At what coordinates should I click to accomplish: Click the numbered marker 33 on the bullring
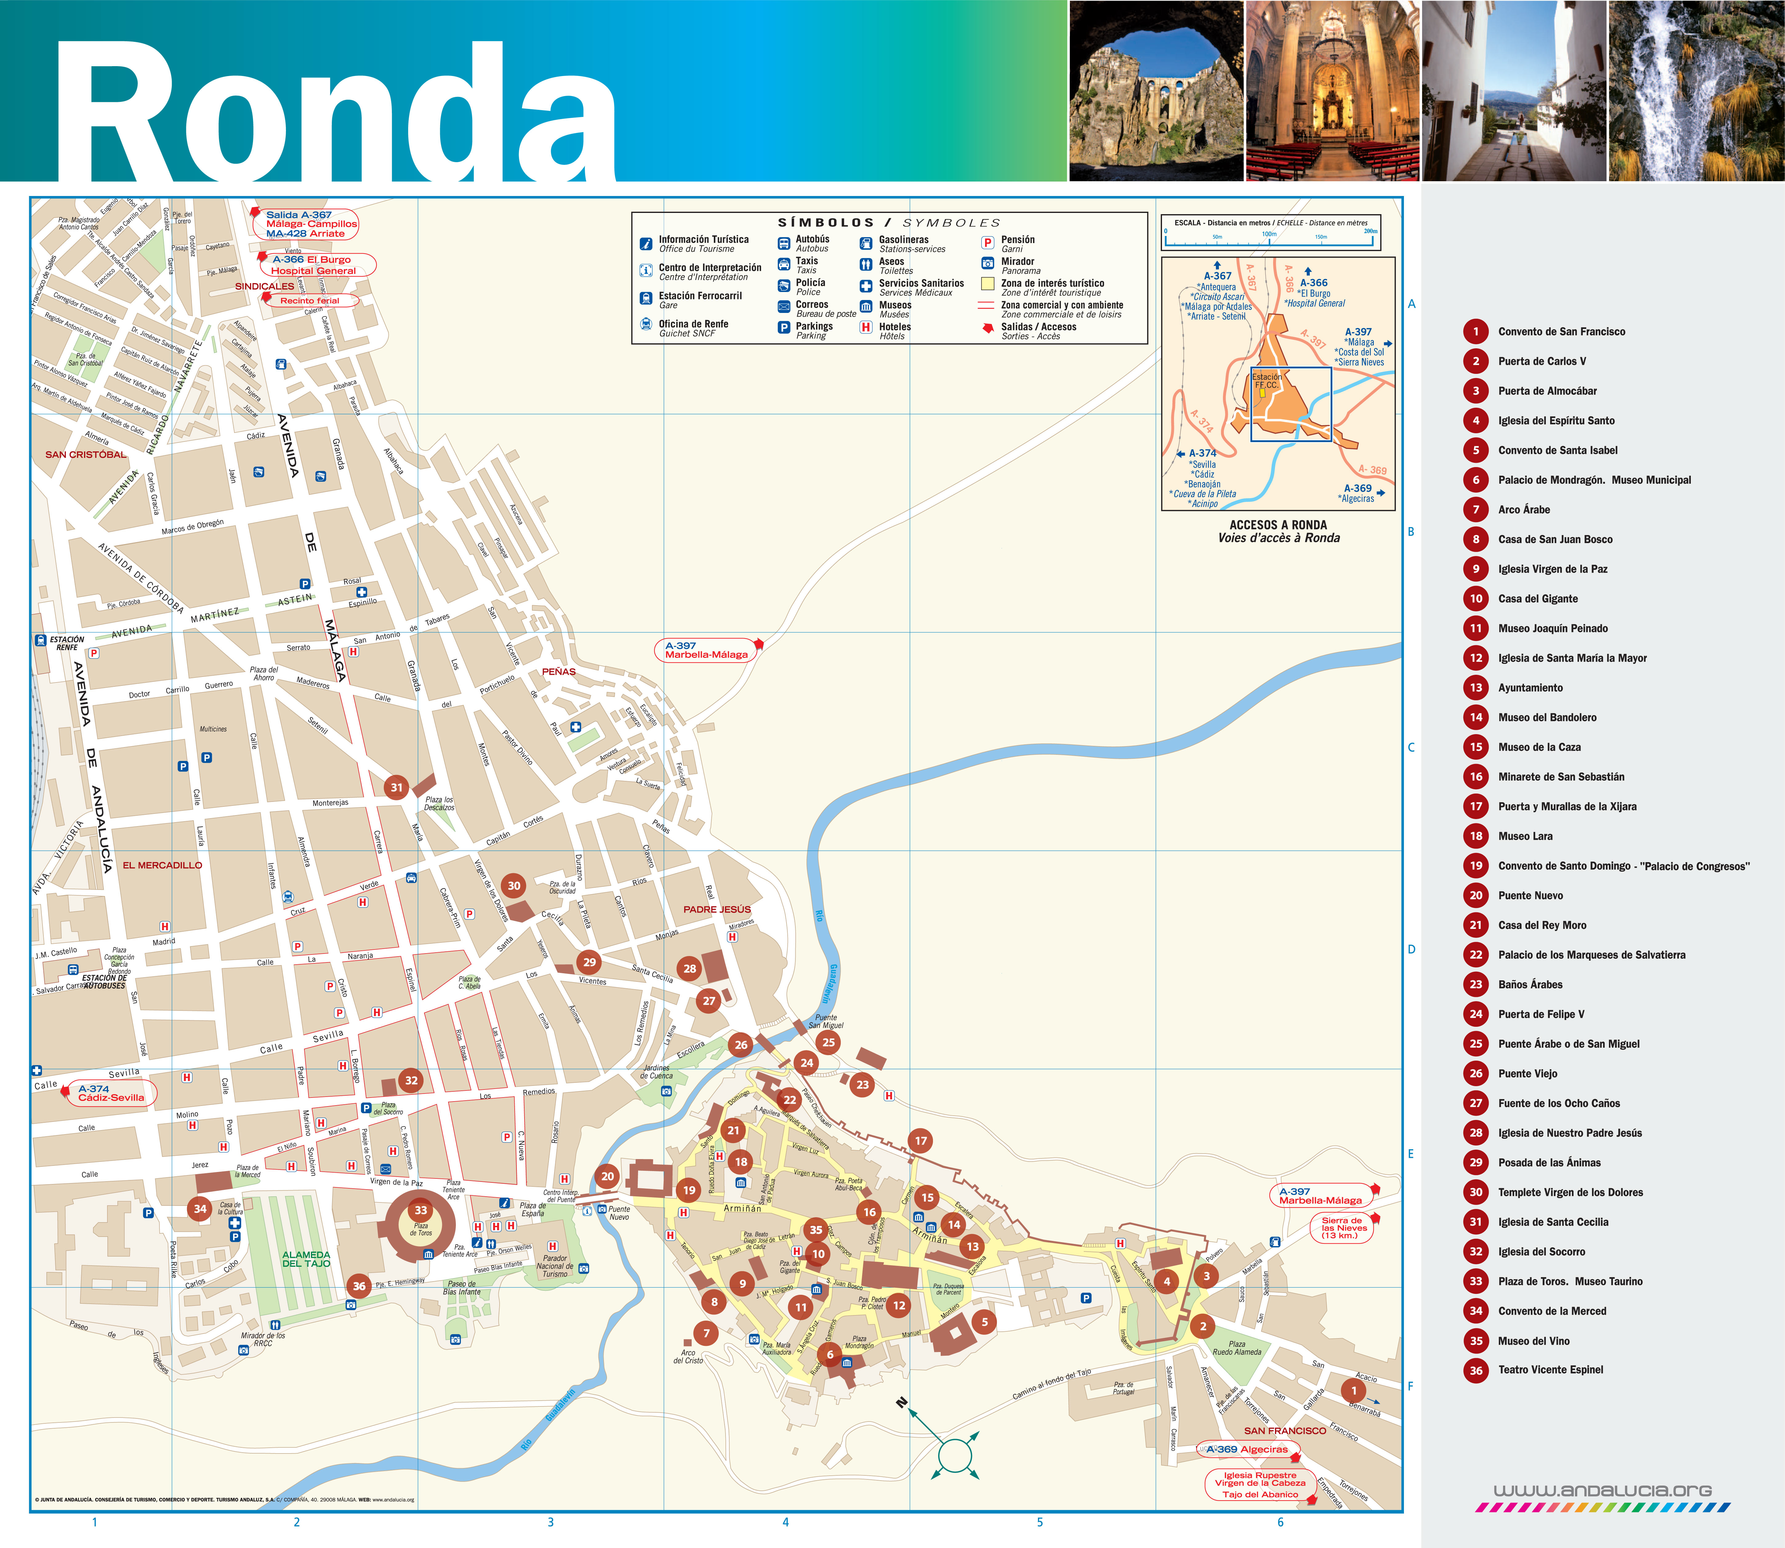pyautogui.click(x=421, y=1210)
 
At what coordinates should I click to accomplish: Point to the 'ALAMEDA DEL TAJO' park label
pyautogui.click(x=306, y=1258)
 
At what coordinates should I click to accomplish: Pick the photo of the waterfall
pyautogui.click(x=1696, y=91)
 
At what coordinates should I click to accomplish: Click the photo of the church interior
pyautogui.click(x=1331, y=91)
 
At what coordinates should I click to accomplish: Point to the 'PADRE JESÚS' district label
pyautogui.click(x=717, y=910)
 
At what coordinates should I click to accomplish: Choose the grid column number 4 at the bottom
pyautogui.click(x=785, y=1522)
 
